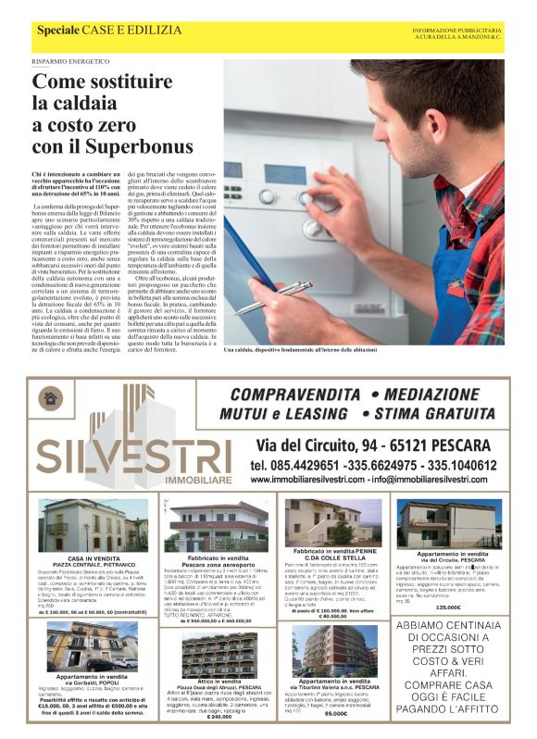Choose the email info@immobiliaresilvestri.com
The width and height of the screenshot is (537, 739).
pyautogui.click(x=430, y=480)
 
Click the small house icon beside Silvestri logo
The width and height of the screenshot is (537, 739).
pyautogui.click(x=50, y=397)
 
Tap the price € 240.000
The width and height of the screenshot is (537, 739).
pyautogui.click(x=219, y=717)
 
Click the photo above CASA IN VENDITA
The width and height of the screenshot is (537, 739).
pyautogui.click(x=90, y=525)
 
